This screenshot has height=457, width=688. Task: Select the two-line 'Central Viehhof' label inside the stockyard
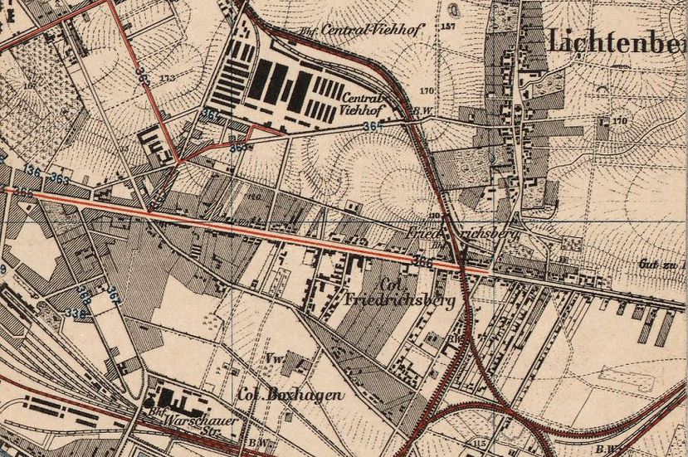tap(363, 103)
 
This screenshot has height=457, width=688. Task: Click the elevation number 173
tap(168, 77)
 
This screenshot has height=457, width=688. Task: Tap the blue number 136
tap(32, 170)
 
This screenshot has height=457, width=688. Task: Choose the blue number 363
tap(59, 178)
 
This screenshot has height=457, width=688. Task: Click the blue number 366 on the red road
tap(422, 262)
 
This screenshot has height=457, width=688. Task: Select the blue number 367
tap(113, 294)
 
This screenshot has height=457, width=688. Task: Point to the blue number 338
tap(76, 312)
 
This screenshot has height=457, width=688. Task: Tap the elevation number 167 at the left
tap(32, 85)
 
